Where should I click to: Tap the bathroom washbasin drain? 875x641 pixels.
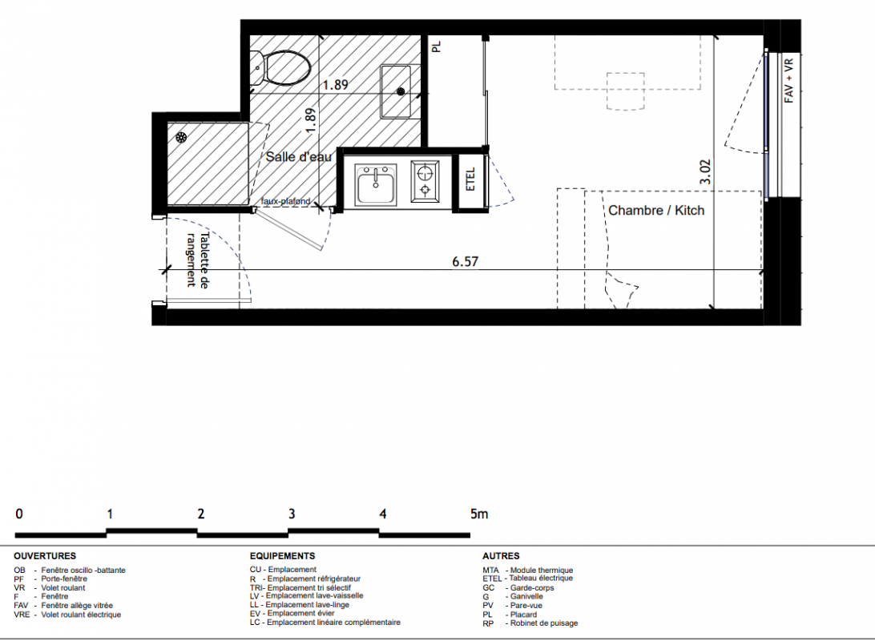coord(401,91)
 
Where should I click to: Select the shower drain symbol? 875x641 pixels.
coord(181,137)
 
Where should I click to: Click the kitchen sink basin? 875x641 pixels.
coord(376,183)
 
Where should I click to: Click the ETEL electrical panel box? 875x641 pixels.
coord(470,179)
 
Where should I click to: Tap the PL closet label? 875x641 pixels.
coord(437,46)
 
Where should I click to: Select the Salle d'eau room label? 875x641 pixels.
coord(299,157)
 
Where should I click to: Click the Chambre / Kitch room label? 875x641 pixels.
coord(656,210)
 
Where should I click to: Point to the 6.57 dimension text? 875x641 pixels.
coord(466,262)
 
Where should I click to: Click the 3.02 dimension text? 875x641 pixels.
coord(705,171)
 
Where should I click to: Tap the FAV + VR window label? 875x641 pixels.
coord(788,81)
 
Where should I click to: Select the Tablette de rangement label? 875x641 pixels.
coord(197,260)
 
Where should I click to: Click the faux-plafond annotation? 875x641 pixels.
coord(286,201)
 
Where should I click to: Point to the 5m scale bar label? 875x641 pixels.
coord(479,514)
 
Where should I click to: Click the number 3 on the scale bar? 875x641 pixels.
coord(292,514)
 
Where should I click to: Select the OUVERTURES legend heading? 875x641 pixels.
coord(45,556)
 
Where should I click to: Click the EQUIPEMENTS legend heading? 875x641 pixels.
coord(282,556)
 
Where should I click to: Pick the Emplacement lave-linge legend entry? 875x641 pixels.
coord(300,605)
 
